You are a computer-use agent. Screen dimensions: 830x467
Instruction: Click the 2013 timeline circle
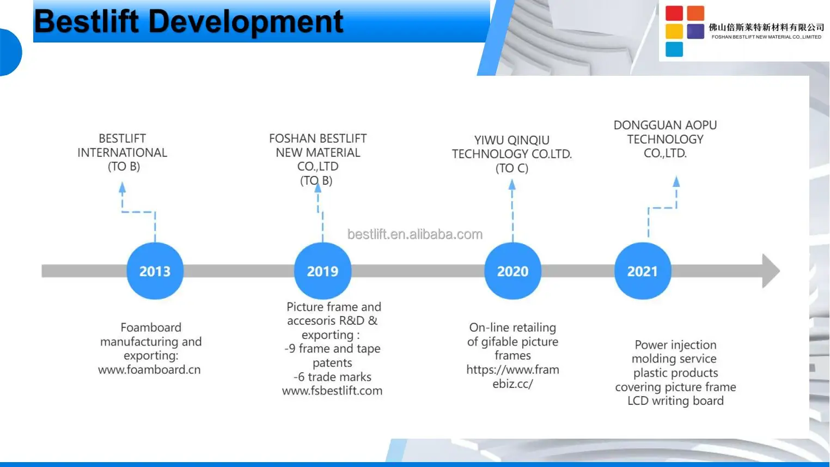coord(155,271)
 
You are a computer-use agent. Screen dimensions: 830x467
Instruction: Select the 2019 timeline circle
coord(323,271)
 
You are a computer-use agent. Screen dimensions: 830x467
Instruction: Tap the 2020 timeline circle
coord(513,271)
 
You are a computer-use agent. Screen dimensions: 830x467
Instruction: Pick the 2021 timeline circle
coord(643,271)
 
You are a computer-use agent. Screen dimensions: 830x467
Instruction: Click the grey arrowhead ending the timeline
coord(771,271)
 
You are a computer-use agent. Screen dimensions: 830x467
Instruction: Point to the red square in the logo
coord(674,13)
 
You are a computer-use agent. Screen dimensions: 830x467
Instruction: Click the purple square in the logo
coord(695,31)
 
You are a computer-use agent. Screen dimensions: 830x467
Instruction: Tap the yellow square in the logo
coord(674,31)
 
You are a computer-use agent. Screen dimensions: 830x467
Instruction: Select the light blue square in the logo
coord(674,49)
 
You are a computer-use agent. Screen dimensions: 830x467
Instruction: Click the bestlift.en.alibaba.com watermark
coord(415,234)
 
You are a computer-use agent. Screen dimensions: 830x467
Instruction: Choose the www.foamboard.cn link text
coord(149,369)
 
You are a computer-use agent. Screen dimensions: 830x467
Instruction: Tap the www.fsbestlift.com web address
coord(332,391)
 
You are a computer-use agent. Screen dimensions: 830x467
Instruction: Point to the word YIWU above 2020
coord(485,140)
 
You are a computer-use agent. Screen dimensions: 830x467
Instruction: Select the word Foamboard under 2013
coord(151,327)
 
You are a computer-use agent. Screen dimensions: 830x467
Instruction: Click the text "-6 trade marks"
coord(332,377)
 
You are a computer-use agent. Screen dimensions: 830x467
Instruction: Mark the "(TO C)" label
coord(512,168)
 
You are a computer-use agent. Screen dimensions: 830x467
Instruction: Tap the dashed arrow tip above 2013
coord(123,183)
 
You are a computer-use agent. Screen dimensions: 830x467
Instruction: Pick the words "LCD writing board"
coord(675,401)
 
